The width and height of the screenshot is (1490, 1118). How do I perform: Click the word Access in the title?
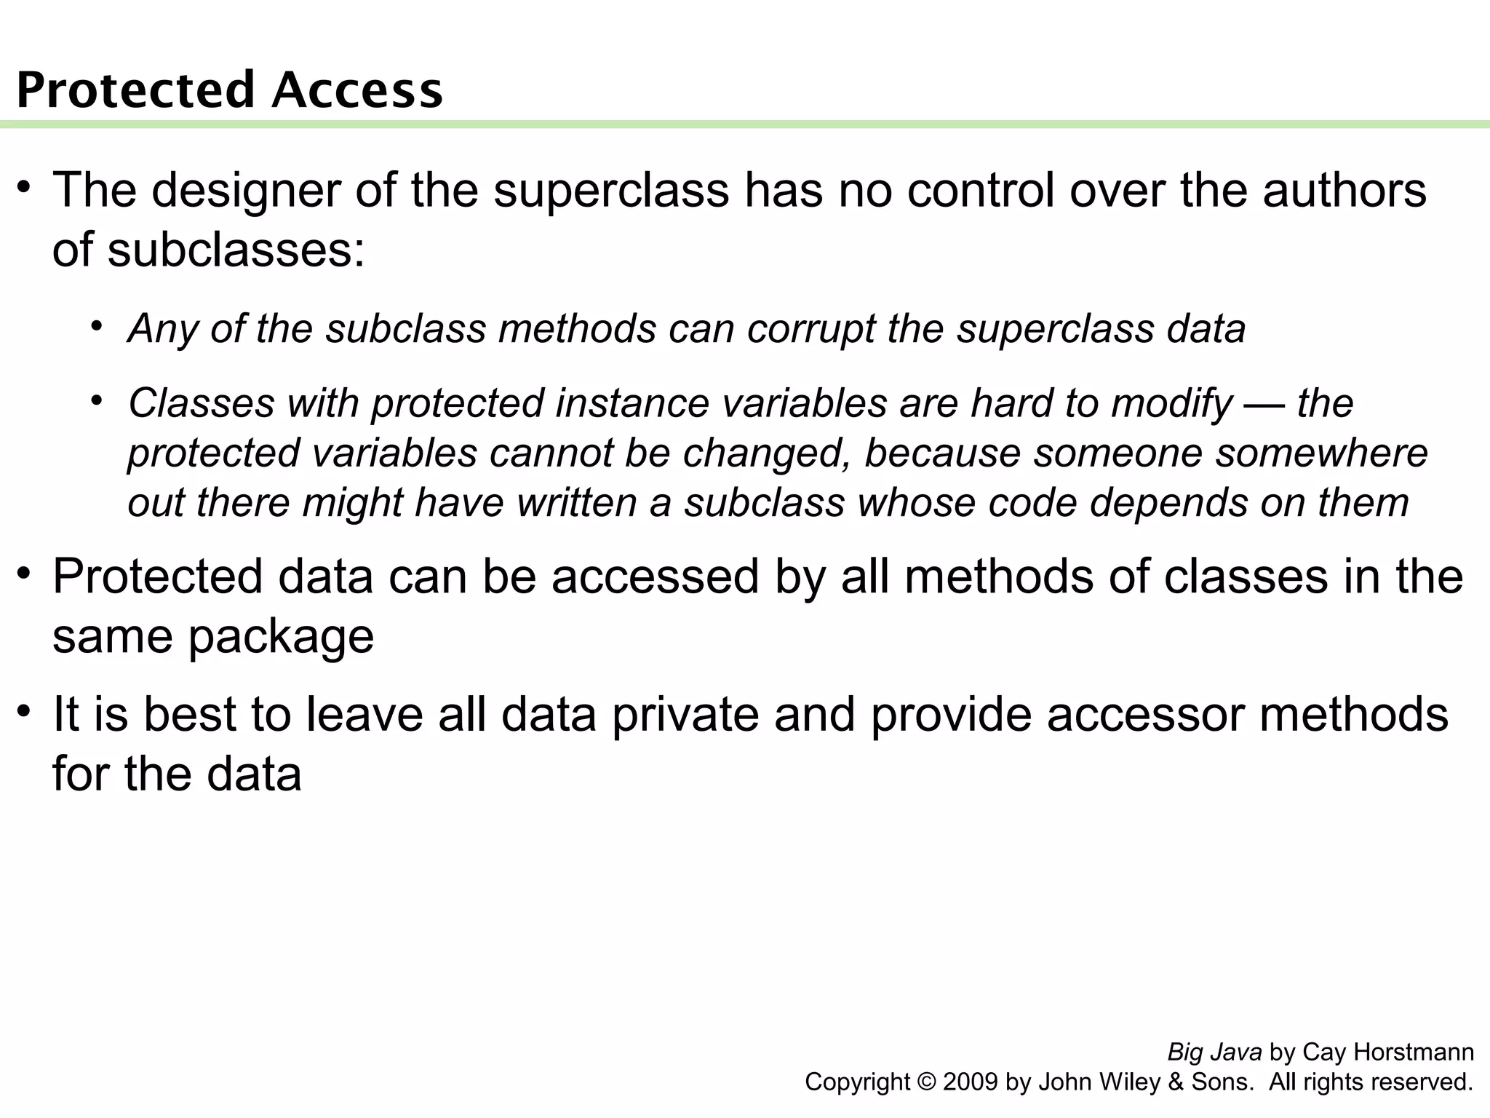tap(358, 90)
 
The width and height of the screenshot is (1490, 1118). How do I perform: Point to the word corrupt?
tap(810, 328)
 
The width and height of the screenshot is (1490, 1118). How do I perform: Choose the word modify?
tap(1172, 403)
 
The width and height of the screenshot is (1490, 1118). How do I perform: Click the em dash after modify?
tap(1264, 403)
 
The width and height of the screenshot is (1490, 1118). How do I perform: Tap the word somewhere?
tap(1322, 453)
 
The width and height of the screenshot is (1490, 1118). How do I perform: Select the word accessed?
tap(655, 576)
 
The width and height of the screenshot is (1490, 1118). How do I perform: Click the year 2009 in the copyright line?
tap(971, 1082)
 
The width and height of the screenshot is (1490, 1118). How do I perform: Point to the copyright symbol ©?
tap(926, 1082)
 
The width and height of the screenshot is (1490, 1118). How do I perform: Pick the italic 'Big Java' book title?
tap(1214, 1052)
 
